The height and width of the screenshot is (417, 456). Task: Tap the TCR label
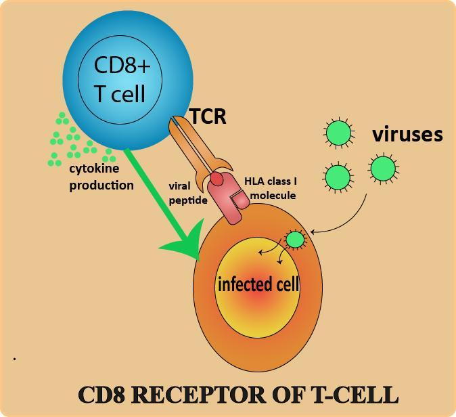click(208, 116)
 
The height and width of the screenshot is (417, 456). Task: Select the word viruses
click(407, 134)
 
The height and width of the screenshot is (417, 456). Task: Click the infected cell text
click(258, 284)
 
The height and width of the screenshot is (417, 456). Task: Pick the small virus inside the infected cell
click(295, 239)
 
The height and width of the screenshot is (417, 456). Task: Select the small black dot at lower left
click(14, 357)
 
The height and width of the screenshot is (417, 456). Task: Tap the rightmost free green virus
click(382, 167)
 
